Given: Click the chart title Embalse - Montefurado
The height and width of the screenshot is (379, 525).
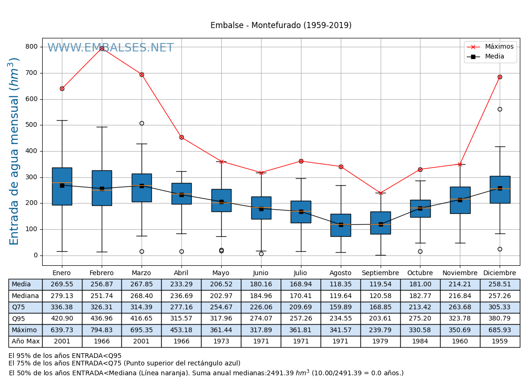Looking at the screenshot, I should pyautogui.click(x=281, y=26).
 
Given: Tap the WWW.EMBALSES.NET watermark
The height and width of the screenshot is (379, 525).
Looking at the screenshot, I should pyautogui.click(x=111, y=48).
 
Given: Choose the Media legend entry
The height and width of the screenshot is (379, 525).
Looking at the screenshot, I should pyautogui.click(x=494, y=57).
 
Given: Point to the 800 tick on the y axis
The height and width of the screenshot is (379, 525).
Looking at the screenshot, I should pyautogui.click(x=32, y=47).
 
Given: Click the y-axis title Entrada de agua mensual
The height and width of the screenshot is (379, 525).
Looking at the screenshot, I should pyautogui.click(x=15, y=151).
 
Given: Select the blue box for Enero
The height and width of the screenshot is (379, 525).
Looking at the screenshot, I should pyautogui.click(x=62, y=186).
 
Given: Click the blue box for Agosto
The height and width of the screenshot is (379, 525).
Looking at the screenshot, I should pyautogui.click(x=341, y=225).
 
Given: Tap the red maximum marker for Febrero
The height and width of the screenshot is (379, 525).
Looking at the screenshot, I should pyautogui.click(x=102, y=48).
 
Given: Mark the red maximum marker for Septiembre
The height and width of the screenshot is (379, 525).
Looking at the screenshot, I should pyautogui.click(x=381, y=193).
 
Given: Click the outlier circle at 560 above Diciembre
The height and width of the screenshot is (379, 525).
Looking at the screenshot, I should pyautogui.click(x=500, y=109).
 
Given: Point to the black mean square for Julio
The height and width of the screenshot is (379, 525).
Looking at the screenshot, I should pyautogui.click(x=301, y=211).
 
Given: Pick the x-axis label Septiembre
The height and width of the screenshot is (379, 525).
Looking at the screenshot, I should pyautogui.click(x=380, y=273).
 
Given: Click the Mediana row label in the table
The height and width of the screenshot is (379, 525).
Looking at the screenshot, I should pyautogui.click(x=25, y=296).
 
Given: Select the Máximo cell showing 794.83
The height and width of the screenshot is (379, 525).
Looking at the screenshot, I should pyautogui.click(x=102, y=330).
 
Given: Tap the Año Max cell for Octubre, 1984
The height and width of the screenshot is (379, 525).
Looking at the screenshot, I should pyautogui.click(x=420, y=342).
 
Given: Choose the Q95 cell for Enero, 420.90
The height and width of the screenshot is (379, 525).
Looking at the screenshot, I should pyautogui.click(x=62, y=319).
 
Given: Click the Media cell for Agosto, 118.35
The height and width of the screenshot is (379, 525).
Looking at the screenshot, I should pyautogui.click(x=341, y=284).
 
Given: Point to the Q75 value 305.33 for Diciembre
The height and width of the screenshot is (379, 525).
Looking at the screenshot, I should pyautogui.click(x=500, y=307).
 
